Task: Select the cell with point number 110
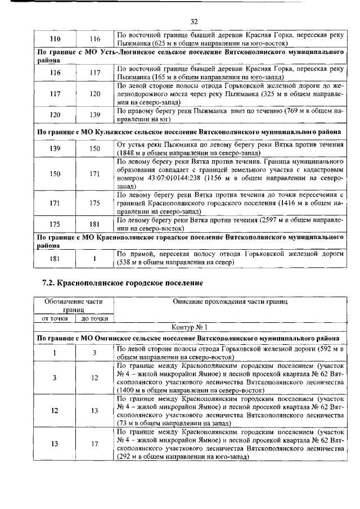[x=56, y=39]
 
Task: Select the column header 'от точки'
[x=55, y=318]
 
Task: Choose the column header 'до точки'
[x=94, y=318]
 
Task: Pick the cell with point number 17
[x=94, y=443]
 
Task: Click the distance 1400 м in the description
[x=130, y=389]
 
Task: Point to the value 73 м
[x=127, y=420]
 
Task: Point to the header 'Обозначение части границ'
[x=74, y=305]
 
